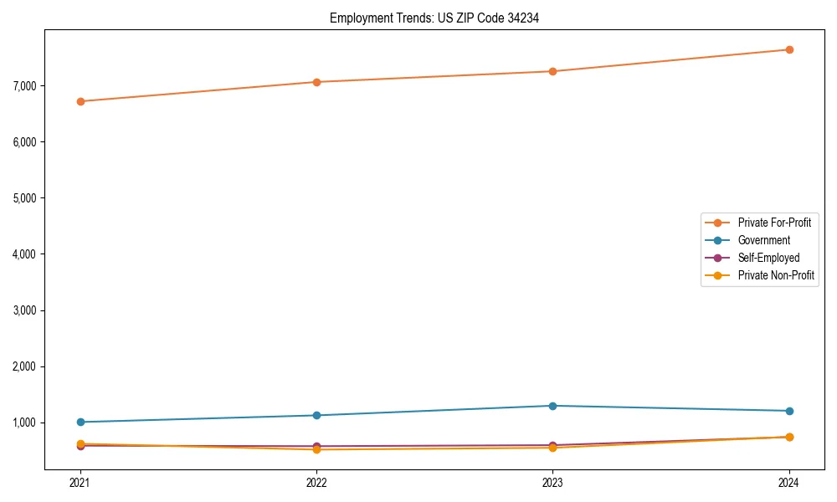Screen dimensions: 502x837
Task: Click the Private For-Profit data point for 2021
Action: (80, 101)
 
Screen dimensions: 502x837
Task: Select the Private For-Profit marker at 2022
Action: (316, 82)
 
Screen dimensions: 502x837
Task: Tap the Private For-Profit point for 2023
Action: (552, 71)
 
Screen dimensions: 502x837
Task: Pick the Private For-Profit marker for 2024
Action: (789, 49)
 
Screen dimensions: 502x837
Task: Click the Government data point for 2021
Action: (80, 422)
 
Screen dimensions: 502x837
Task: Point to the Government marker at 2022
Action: (316, 415)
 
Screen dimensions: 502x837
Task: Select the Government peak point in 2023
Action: (552, 406)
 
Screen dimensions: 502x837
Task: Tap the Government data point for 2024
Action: (789, 411)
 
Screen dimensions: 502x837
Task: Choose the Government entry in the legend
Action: (763, 240)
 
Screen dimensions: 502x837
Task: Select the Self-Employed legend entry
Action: (768, 258)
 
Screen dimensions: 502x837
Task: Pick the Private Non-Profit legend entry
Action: (776, 275)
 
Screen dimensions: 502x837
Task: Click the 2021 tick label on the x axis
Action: (80, 482)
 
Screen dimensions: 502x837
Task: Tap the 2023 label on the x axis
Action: (552, 482)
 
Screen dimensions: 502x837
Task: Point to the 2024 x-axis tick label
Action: (789, 482)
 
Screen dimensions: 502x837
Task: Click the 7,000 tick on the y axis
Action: (25, 86)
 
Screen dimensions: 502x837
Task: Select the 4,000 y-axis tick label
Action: (25, 254)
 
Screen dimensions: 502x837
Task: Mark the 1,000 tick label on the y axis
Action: (25, 423)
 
